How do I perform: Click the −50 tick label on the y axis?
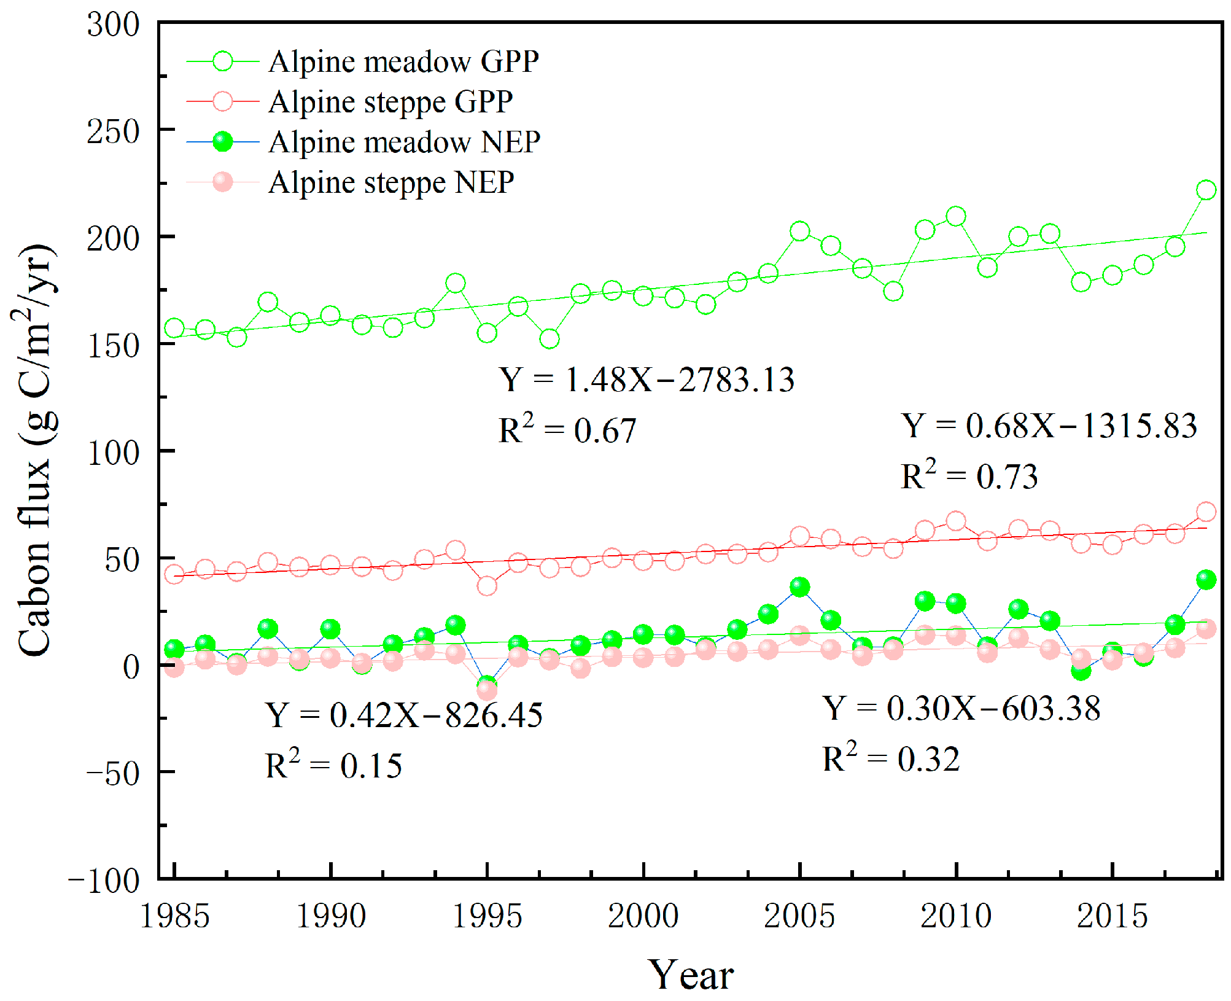coord(113,773)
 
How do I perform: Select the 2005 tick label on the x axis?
coord(799,916)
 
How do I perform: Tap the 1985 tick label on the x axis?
coord(174,916)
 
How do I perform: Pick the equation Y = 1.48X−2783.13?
coord(646,380)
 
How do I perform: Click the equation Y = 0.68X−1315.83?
coord(1049,426)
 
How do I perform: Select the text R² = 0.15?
coord(333,765)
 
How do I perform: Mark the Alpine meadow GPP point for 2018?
coord(1206,190)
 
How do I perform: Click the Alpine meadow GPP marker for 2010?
coord(955,216)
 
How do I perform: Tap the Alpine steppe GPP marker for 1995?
coord(487,586)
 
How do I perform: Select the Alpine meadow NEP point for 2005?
coord(799,587)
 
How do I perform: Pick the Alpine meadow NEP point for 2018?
coord(1206,580)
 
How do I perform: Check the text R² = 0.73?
coord(969,476)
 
